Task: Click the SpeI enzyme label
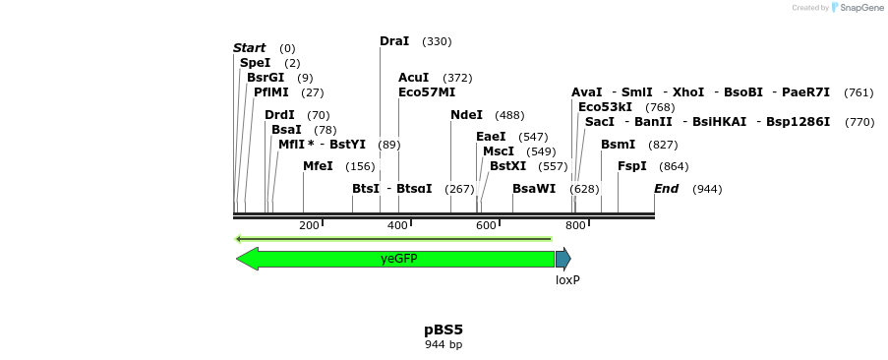[255, 63]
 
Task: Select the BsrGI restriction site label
[266, 78]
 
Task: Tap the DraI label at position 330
[394, 41]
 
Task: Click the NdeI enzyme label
[466, 115]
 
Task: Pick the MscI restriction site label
[499, 151]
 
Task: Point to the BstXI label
[507, 166]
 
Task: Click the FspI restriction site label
[631, 166]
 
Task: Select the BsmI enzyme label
[618, 145]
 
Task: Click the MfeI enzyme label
[318, 166]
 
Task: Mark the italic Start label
[249, 48]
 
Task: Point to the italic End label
[666, 189]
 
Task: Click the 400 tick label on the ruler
[397, 226]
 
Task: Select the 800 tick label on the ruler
[575, 226]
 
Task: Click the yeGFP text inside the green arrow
[398, 259]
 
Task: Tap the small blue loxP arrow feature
[562, 259]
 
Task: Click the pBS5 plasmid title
[444, 330]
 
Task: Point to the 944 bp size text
[444, 344]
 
